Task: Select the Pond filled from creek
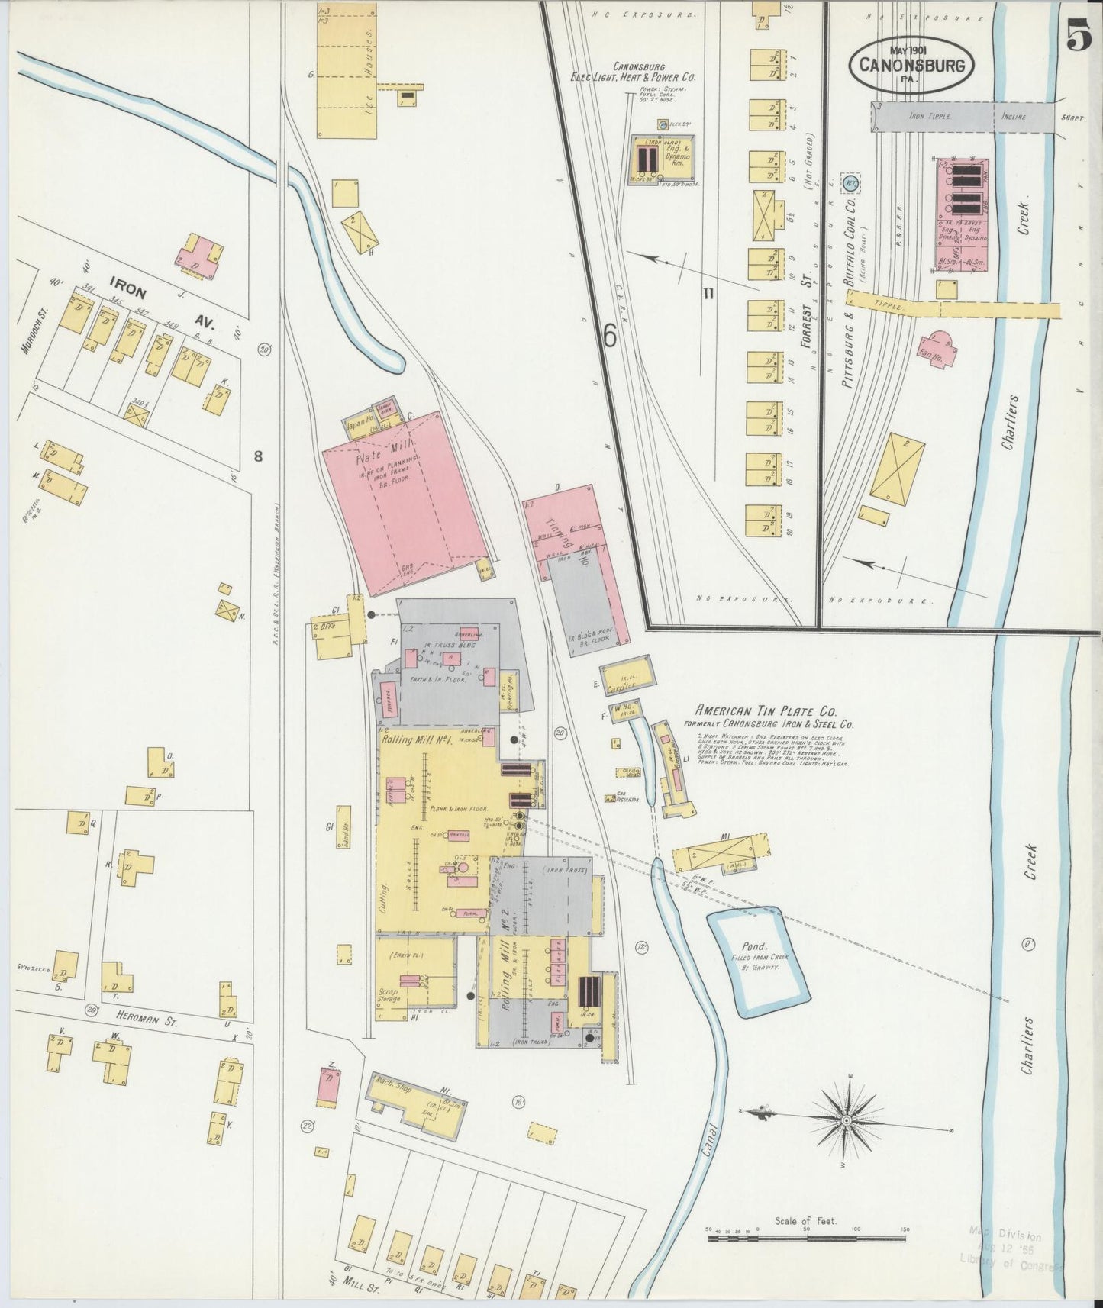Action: pos(757,965)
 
